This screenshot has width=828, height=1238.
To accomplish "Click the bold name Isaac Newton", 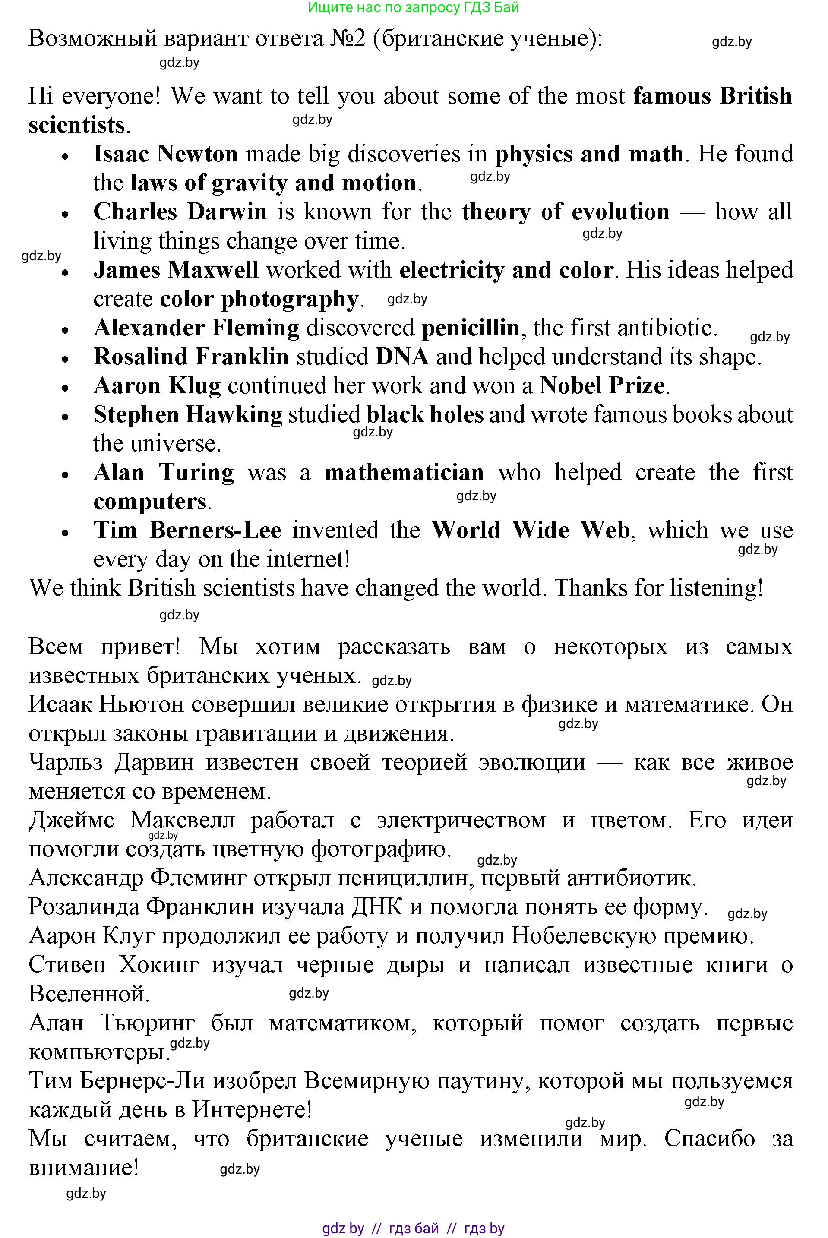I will click(165, 154).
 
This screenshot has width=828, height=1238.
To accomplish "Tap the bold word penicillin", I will click(471, 328).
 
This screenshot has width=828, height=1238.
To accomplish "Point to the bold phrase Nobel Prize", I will click(601, 386).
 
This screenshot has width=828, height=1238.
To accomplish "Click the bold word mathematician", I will click(404, 473).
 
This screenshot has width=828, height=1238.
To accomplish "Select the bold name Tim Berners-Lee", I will click(187, 531).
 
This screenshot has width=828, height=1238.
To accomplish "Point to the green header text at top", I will click(414, 7).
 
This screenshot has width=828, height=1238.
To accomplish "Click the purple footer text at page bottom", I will click(414, 1229).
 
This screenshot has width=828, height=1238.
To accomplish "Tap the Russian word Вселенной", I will click(89, 994).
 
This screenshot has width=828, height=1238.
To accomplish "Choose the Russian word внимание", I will click(83, 1168).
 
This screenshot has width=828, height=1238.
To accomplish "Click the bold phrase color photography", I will click(259, 299).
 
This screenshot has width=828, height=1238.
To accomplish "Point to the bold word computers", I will click(150, 502).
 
